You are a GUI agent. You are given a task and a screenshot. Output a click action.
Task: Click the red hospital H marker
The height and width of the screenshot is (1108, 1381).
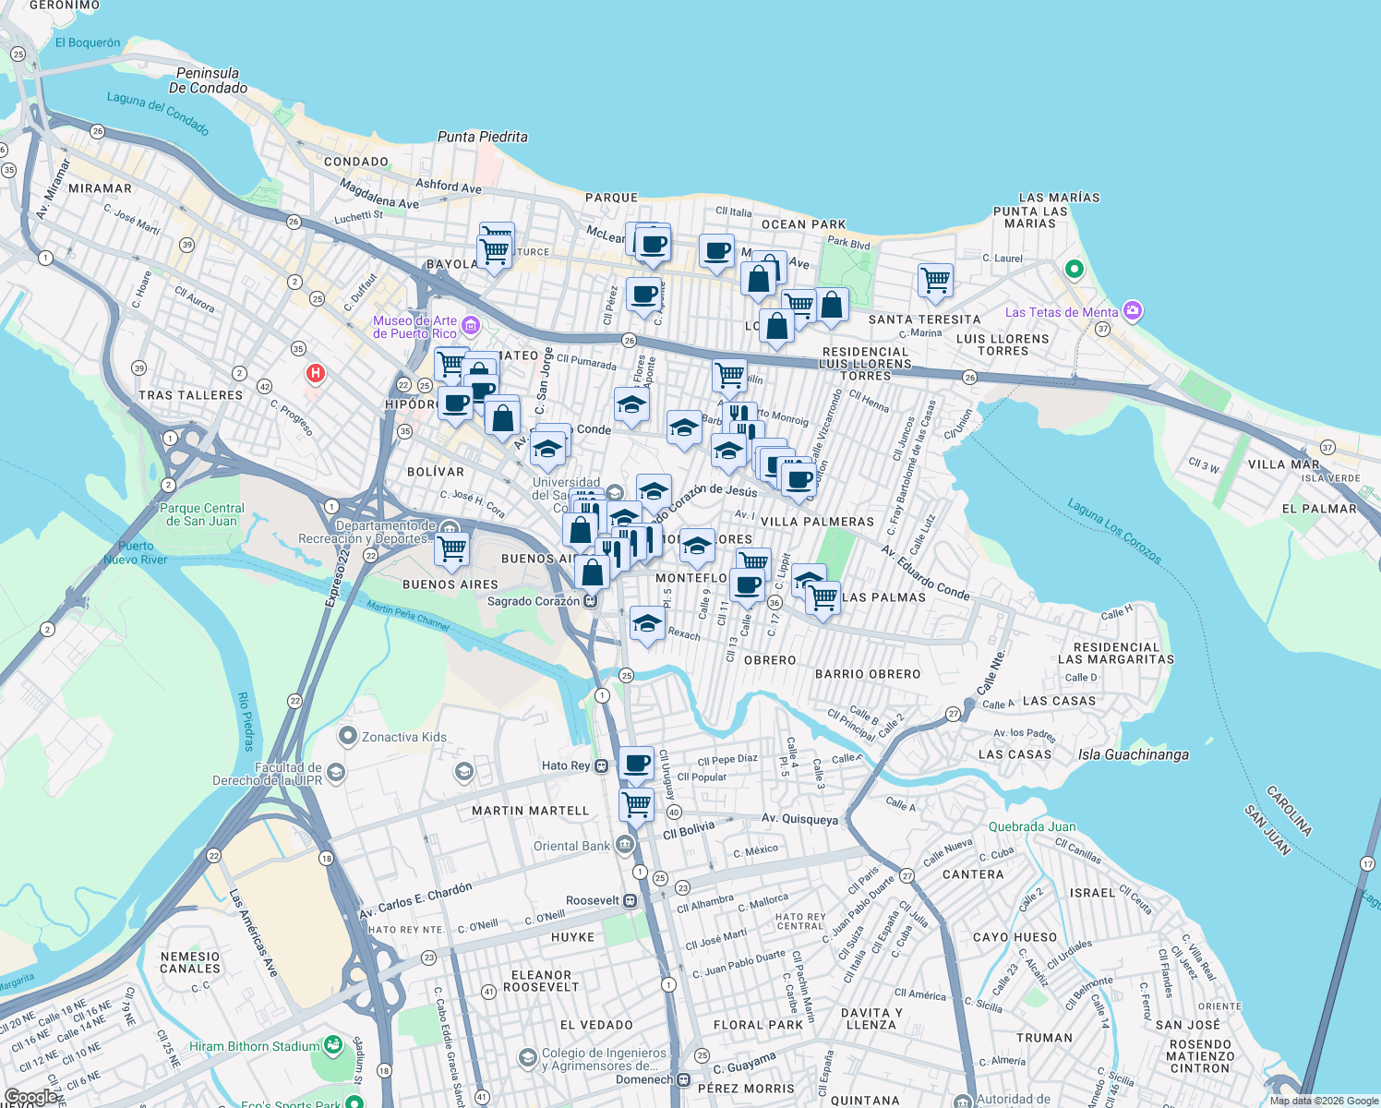[315, 373]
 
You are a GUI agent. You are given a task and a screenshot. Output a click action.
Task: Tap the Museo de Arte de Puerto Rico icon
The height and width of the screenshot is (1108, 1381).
[471, 325]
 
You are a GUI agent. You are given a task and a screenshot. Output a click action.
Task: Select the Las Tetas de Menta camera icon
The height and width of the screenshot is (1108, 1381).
[1133, 311]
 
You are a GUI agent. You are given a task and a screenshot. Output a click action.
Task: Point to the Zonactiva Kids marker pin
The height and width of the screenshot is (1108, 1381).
[348, 736]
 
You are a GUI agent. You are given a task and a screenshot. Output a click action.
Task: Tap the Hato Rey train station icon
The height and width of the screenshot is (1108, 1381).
[602, 765]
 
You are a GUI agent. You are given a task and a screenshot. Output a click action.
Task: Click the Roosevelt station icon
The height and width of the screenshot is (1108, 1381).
[630, 900]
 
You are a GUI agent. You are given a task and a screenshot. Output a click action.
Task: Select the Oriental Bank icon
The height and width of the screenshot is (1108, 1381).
[625, 845]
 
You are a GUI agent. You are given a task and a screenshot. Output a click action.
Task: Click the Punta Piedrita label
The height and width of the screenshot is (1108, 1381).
[482, 137]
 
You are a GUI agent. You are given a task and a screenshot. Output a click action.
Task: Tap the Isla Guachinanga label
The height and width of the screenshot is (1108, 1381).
[1133, 754]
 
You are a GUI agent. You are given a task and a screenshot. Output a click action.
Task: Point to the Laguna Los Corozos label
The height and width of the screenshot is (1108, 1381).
[1114, 531]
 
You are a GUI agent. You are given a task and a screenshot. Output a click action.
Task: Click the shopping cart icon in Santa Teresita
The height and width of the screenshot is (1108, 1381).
[935, 280]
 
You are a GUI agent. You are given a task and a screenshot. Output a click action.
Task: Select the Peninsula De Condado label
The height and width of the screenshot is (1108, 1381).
[208, 80]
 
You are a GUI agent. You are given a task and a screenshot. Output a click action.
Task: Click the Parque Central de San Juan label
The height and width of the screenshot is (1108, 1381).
[202, 514]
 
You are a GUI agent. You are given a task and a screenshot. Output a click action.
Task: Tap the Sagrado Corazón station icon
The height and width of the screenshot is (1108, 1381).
[591, 601]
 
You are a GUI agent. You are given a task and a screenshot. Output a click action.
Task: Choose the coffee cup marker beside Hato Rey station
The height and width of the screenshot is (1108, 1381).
[636, 764]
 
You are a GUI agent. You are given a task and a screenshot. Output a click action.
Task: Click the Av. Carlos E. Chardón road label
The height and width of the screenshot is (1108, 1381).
[415, 900]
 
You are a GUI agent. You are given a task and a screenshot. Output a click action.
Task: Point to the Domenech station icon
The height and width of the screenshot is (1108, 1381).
[683, 1079]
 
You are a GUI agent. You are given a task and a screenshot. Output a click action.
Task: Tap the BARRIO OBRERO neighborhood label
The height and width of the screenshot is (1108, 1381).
[867, 674]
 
